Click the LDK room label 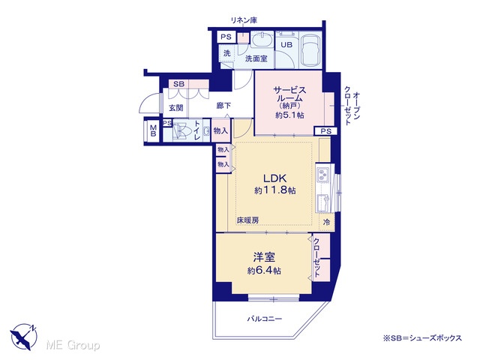click(x=274, y=178)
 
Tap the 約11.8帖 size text click(x=275, y=190)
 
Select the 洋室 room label click(x=264, y=257)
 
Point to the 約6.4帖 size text click(x=264, y=271)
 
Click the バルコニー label click(x=265, y=319)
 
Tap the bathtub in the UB click(x=310, y=50)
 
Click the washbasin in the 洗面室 click(x=262, y=40)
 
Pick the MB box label click(x=153, y=131)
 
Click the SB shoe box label click(x=178, y=84)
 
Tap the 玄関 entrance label click(x=176, y=108)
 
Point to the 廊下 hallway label click(x=223, y=106)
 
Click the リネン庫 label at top click(x=244, y=20)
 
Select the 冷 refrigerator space click(x=326, y=222)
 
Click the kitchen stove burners click(x=322, y=175)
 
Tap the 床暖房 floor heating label click(x=247, y=220)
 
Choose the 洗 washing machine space click(x=226, y=53)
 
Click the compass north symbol click(x=24, y=336)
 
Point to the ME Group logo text click(x=73, y=345)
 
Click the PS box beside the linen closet click(x=226, y=37)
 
